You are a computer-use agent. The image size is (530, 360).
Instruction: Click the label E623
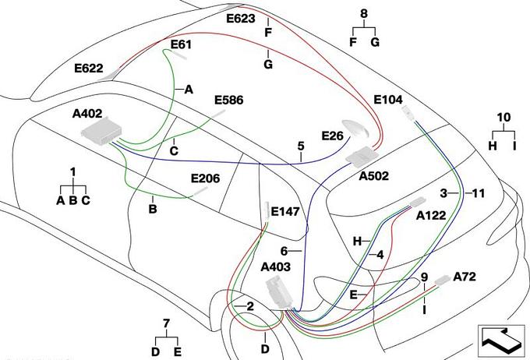pos(240,16)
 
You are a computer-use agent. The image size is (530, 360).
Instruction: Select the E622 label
pos(89,69)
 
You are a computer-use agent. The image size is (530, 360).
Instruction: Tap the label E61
pos(180,45)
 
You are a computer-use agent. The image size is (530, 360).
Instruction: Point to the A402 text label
pos(87,114)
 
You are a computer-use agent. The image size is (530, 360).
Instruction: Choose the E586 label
pos(229,100)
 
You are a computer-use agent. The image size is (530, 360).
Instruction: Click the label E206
pos(205,178)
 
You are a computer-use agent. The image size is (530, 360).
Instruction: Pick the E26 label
pos(332,136)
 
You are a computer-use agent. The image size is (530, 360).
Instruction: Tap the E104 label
pos(387,100)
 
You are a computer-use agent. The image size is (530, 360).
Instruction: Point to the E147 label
pos(285,210)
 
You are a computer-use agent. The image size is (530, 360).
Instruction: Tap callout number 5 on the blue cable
pos(300,146)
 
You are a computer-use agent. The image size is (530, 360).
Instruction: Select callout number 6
pos(284,250)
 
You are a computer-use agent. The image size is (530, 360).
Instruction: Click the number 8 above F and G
pos(363,13)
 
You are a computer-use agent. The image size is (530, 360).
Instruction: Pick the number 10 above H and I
pos(503,117)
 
